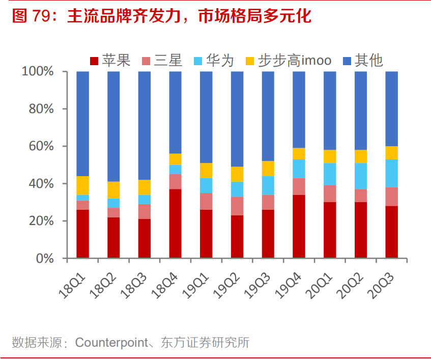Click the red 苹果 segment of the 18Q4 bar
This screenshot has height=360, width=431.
tap(176, 224)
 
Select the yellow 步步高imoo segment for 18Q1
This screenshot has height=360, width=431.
tap(83, 185)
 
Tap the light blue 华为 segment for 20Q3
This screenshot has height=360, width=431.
tap(391, 173)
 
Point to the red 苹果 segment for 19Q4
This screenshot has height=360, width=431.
tap(299, 226)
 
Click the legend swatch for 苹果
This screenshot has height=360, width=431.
tap(94, 62)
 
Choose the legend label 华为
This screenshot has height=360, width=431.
tap(221, 61)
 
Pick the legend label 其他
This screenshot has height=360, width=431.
tap(369, 61)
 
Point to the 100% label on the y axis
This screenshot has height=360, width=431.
tap(38, 71)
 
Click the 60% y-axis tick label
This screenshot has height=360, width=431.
tap(41, 146)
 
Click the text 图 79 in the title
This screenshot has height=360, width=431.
tap(30, 16)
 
